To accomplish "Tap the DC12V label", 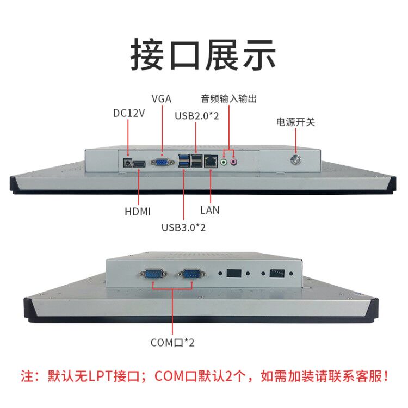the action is tap(129, 114).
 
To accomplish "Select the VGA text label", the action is tap(162, 98).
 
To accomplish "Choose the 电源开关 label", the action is tap(296, 122).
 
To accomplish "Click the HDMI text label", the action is tap(139, 211).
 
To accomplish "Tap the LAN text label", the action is tap(210, 209).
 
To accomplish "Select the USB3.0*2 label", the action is tap(183, 227).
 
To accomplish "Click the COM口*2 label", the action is tap(172, 343).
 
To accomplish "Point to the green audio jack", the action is tap(224, 162).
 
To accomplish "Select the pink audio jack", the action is tap(234, 162).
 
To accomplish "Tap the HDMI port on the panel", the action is tap(140, 163).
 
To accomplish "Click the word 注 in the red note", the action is tap(27, 375).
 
